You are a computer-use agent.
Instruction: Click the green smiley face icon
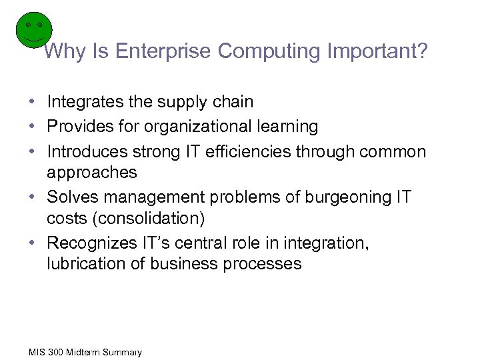(33, 29)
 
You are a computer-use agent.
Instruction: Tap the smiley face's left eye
(28, 24)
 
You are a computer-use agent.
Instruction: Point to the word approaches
(92, 173)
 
